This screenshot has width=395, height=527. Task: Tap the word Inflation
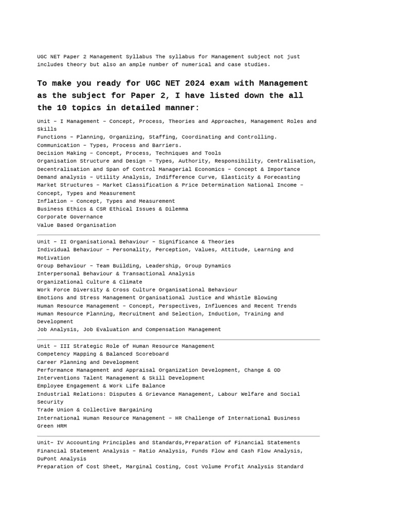pyautogui.click(x=52, y=201)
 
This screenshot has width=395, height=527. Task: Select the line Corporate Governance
pyautogui.click(x=70, y=217)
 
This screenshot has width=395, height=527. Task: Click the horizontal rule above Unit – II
pyautogui.click(x=178, y=235)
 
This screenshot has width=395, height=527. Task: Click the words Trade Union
pyautogui.click(x=57, y=410)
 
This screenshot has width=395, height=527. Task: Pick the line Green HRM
pyautogui.click(x=52, y=426)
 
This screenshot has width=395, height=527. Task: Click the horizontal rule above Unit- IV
pyautogui.click(x=178, y=436)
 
